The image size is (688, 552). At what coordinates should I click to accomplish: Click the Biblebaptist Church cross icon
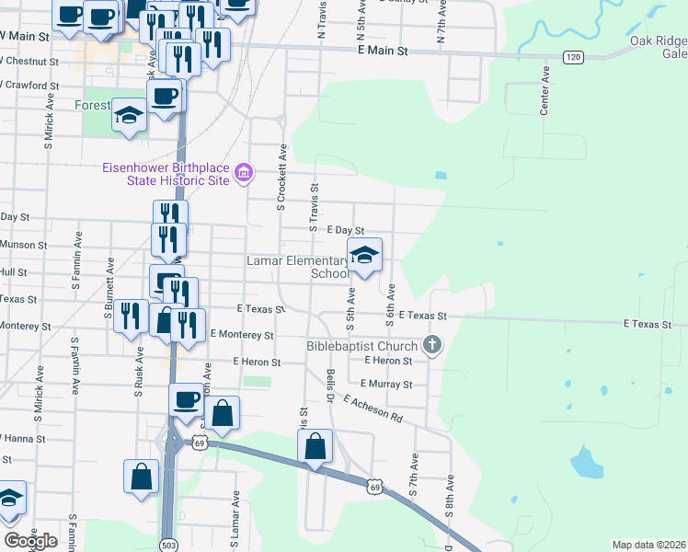click(x=432, y=347)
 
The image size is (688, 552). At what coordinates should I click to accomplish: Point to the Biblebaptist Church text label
click(x=363, y=347)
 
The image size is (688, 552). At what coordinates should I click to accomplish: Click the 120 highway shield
click(x=574, y=57)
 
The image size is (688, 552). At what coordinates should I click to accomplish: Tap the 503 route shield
click(x=168, y=545)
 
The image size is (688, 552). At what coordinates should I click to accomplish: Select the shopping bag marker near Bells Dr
click(x=315, y=447)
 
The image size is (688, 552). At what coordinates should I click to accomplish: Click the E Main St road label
click(x=382, y=52)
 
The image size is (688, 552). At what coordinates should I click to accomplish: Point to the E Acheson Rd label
click(x=373, y=408)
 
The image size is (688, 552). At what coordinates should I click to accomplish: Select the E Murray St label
click(x=386, y=384)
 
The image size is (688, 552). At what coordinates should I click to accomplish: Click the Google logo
click(x=29, y=541)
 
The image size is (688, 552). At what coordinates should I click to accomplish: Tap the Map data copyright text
click(x=649, y=545)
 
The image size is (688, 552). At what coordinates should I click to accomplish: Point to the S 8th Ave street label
click(x=451, y=497)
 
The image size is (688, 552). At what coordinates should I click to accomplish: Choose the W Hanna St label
click(x=23, y=440)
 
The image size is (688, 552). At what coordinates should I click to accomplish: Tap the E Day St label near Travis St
click(x=346, y=230)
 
